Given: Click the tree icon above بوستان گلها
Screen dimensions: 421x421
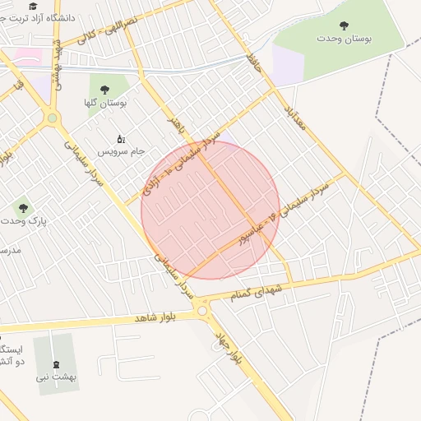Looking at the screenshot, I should (104, 90).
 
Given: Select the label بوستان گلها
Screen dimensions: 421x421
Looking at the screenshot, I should (104, 103).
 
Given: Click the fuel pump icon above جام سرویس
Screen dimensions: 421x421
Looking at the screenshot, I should (121, 138).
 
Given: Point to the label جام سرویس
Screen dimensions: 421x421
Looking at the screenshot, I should (121, 152).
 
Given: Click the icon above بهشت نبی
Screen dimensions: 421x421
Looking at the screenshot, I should (55, 363).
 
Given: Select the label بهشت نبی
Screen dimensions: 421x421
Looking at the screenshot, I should (55, 377).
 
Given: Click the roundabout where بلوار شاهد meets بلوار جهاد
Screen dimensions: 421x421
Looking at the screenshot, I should (202, 310).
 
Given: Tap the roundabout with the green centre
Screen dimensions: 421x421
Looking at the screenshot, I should (53, 118).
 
